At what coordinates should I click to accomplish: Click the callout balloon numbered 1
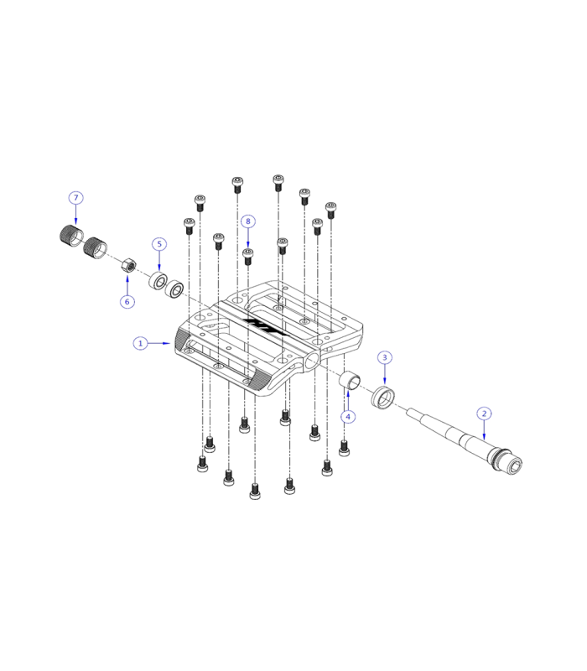pyautogui.click(x=142, y=343)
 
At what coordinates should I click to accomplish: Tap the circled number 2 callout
pyautogui.click(x=484, y=414)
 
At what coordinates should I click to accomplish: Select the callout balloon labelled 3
pyautogui.click(x=385, y=357)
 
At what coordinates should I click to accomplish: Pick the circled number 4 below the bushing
pyautogui.click(x=348, y=416)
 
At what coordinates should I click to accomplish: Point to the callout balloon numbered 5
pyautogui.click(x=158, y=244)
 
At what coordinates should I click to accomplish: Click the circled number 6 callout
pyautogui.click(x=127, y=301)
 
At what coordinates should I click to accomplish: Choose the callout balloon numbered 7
pyautogui.click(x=75, y=198)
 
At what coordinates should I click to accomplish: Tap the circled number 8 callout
pyautogui.click(x=247, y=221)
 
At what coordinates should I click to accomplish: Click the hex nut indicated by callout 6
pyautogui.click(x=128, y=266)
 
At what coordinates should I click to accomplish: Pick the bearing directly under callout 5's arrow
pyautogui.click(x=158, y=280)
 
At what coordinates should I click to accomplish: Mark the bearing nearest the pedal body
pyautogui.click(x=176, y=289)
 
